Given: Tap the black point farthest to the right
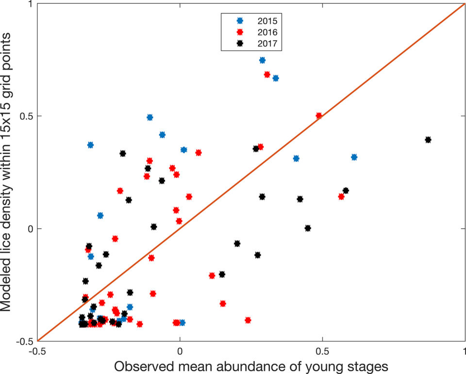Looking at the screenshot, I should pyautogui.click(x=428, y=140).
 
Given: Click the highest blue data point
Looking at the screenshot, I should pyautogui.click(x=262, y=60).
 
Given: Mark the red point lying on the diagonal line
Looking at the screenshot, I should pyautogui.click(x=319, y=116).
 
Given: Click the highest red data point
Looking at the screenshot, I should pyautogui.click(x=267, y=74).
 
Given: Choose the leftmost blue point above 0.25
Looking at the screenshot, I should pyautogui.click(x=90, y=145).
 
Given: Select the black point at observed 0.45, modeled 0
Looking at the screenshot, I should pyautogui.click(x=307, y=228).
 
